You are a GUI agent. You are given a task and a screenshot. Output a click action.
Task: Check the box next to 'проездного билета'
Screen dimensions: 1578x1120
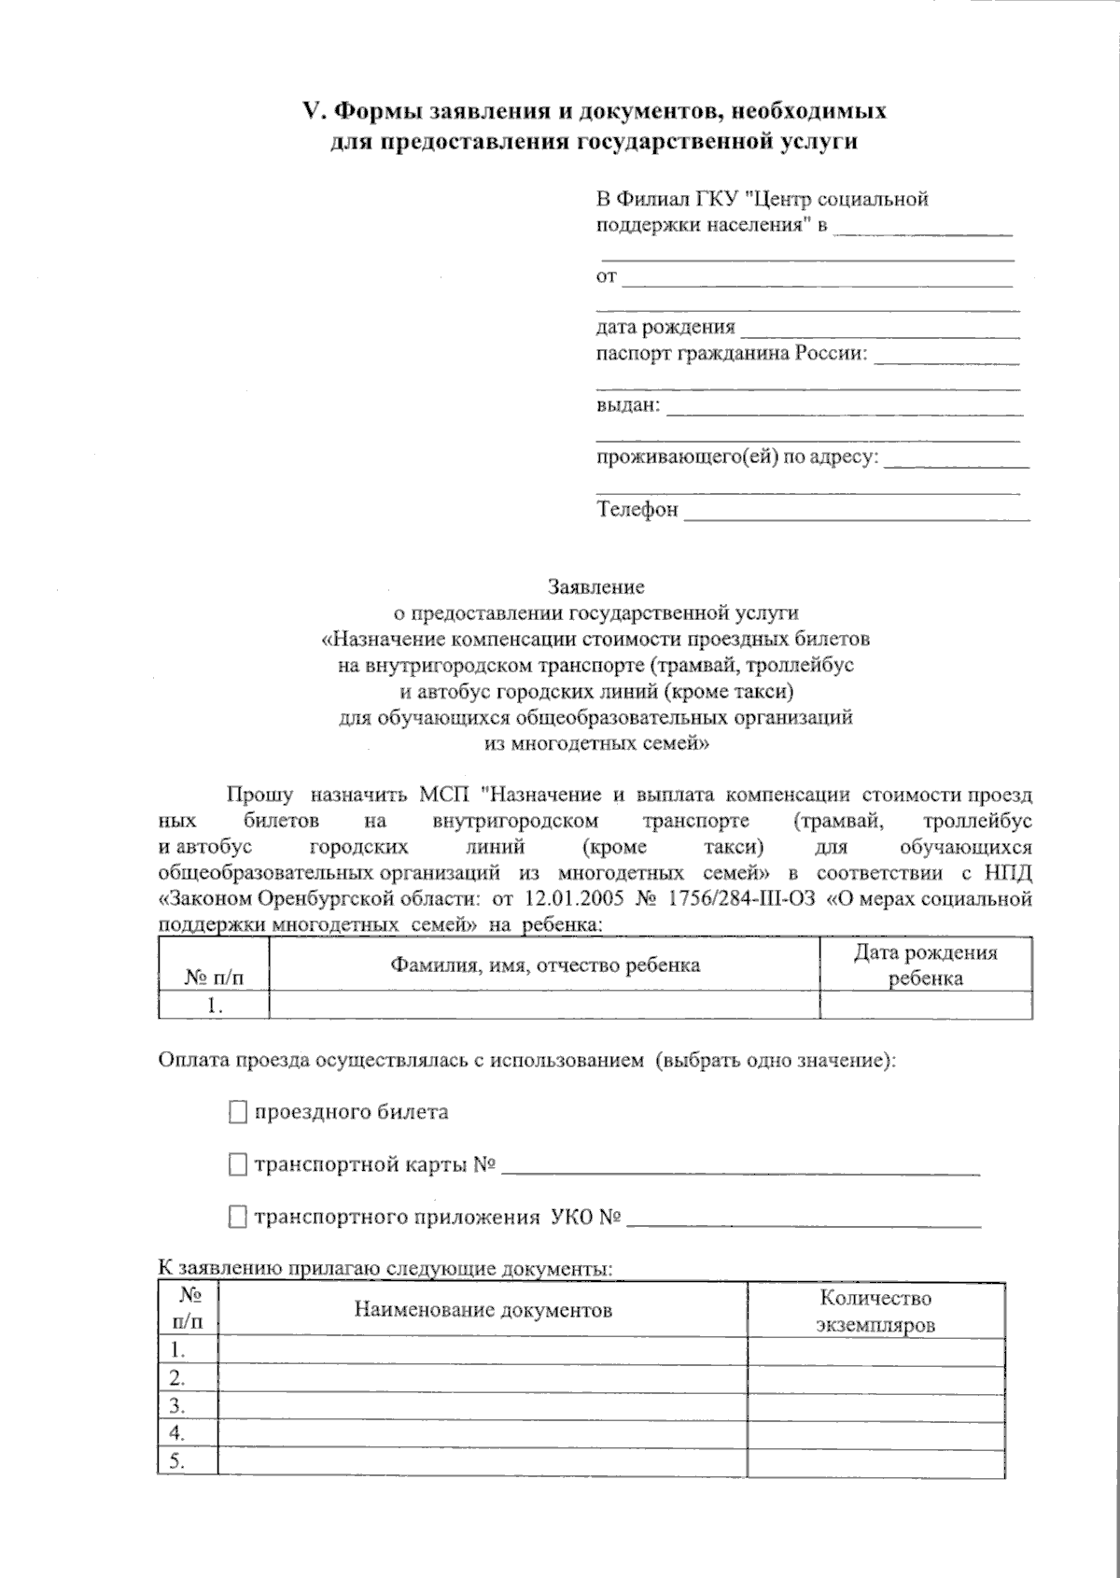click(238, 1112)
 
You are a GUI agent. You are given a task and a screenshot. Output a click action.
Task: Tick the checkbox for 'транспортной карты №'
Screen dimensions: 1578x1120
click(238, 1164)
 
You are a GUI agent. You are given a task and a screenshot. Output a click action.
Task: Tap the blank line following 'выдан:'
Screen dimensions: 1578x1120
click(844, 408)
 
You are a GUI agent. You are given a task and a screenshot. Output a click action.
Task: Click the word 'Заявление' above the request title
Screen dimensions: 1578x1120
click(595, 587)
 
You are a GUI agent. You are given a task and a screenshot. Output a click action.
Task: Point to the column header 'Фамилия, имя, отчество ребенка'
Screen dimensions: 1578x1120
click(544, 965)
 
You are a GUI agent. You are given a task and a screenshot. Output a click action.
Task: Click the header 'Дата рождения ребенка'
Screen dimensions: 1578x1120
click(925, 965)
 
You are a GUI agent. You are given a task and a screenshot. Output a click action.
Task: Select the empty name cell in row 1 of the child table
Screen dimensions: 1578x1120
click(544, 1005)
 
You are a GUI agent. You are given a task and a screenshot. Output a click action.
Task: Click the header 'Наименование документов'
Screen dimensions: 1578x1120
click(483, 1310)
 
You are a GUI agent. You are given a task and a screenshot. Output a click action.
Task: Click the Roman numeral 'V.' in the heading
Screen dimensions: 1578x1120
click(313, 111)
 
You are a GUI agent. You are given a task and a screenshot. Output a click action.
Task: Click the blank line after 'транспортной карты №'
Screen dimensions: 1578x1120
click(740, 1166)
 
